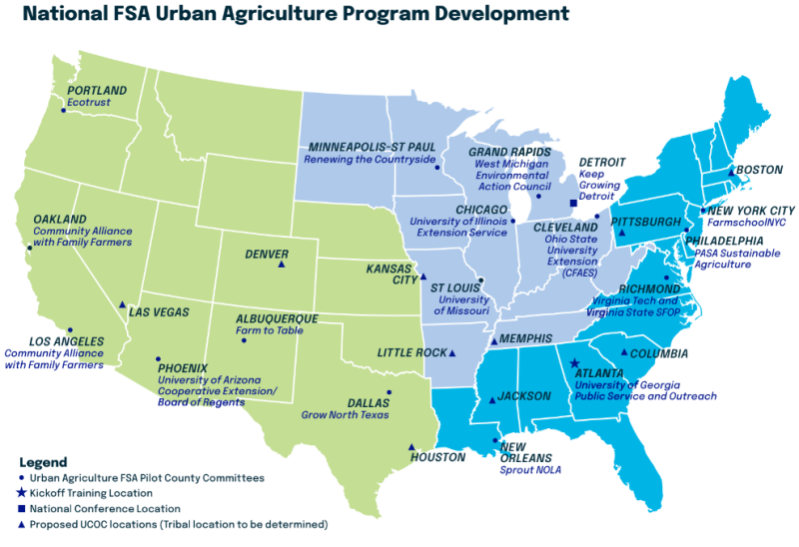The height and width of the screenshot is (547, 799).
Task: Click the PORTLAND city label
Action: point(97,90)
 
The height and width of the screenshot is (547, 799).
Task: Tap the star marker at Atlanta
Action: point(574,364)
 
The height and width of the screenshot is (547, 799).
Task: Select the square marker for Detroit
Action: point(573,204)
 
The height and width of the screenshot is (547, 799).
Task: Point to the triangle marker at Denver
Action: point(282,267)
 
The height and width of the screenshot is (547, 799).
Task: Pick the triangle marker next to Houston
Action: point(411,447)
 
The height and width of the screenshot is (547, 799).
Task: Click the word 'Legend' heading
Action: point(43,462)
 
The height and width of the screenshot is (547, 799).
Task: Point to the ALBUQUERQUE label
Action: point(277,318)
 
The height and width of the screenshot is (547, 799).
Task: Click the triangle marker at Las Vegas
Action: point(122,305)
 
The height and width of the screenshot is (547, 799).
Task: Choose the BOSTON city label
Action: point(759,170)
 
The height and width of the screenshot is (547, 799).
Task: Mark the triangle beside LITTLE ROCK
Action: point(452,353)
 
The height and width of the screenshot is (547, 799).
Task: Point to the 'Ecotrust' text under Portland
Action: point(89,103)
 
